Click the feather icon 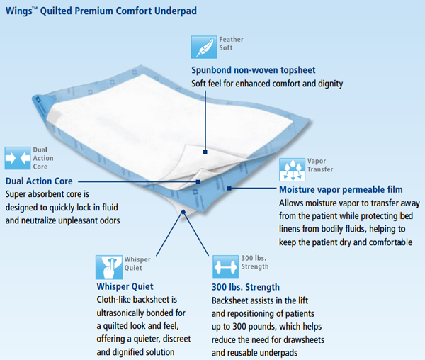pyautogui.click(x=205, y=47)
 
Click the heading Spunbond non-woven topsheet pyautogui.click(x=254, y=70)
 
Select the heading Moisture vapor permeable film pyautogui.click(x=341, y=190)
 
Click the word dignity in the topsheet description pyautogui.click(x=328, y=84)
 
